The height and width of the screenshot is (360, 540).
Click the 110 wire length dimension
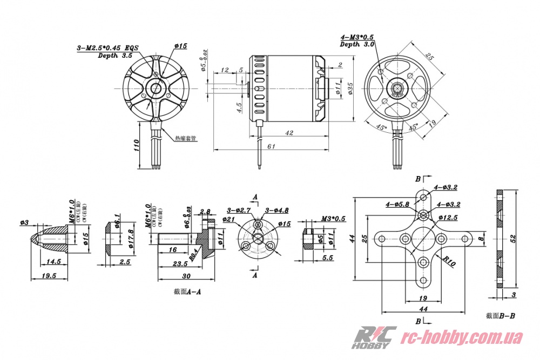(137, 146)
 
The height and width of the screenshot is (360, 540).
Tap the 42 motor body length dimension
(289, 132)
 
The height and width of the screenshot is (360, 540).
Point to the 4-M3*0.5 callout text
(357, 37)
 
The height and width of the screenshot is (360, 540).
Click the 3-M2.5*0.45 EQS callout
(107, 48)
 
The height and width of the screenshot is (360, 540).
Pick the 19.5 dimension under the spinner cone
(49, 275)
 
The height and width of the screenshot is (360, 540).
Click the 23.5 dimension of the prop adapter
(180, 264)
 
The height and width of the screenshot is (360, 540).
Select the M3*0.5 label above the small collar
(333, 219)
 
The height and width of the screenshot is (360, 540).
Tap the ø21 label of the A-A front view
(227, 219)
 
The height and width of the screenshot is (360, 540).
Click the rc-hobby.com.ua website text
(464, 338)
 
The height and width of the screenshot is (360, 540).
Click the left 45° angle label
(381, 127)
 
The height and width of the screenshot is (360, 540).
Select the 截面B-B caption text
(500, 316)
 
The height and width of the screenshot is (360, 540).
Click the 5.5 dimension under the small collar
(327, 258)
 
